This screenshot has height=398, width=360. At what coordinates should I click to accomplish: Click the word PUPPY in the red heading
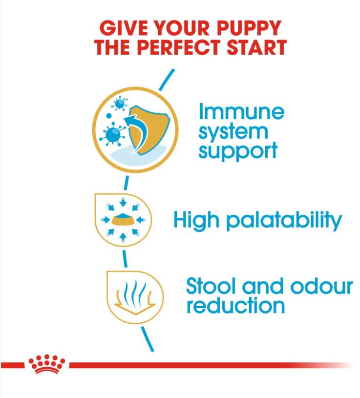click(249, 28)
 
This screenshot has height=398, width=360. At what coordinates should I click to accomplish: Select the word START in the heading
click(256, 47)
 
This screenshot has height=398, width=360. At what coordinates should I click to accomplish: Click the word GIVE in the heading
click(124, 28)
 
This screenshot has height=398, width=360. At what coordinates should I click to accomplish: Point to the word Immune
click(241, 112)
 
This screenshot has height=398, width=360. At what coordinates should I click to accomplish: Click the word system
click(233, 132)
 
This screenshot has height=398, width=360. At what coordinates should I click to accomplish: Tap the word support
click(238, 151)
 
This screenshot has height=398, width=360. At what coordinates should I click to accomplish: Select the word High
click(196, 220)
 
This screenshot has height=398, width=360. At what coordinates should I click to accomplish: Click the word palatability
click(284, 220)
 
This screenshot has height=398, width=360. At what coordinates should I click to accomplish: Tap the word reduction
click(235, 306)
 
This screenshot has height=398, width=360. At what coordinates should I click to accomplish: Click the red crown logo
click(47, 364)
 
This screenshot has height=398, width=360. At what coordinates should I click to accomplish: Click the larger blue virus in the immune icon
click(112, 133)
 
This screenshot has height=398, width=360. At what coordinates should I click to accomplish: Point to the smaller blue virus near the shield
click(120, 104)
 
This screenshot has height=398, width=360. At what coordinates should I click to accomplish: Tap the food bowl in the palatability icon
click(124, 219)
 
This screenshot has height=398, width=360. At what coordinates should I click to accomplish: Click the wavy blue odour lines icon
click(134, 293)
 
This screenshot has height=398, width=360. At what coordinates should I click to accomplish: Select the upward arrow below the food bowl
click(123, 237)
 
